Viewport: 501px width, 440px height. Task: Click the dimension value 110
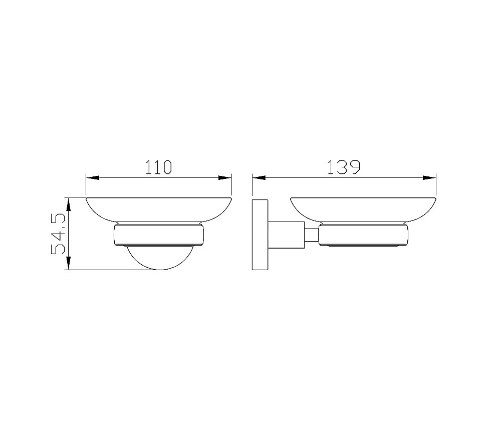[x=159, y=167]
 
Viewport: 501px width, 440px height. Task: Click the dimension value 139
[x=344, y=167]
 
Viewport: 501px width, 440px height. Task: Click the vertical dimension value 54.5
[x=59, y=234]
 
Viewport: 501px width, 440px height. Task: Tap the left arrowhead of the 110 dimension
[x=92, y=178]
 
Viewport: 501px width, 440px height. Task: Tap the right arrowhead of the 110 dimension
[x=225, y=178]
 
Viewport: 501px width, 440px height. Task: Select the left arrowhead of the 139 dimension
[x=259, y=178]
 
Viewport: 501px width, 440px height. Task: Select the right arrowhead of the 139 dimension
[x=429, y=178]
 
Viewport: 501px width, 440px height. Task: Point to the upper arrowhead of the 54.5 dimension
[x=68, y=204]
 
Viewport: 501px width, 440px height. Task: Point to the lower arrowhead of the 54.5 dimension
[x=68, y=264]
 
